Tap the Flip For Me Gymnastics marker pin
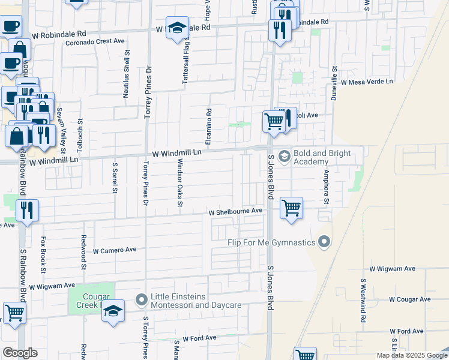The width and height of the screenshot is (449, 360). pyautogui.click(x=325, y=242)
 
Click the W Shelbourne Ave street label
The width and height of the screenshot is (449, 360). pyautogui.click(x=236, y=212)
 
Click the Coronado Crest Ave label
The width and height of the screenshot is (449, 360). pyautogui.click(x=95, y=42)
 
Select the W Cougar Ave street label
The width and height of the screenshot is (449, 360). pyautogui.click(x=409, y=299)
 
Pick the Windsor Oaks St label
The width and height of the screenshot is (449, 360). pyautogui.click(x=179, y=183)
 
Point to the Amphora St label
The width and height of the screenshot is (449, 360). pyautogui.click(x=327, y=186)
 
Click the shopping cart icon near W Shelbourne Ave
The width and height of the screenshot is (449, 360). pyautogui.click(x=291, y=208)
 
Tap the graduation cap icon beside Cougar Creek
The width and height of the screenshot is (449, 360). pyautogui.click(x=113, y=311)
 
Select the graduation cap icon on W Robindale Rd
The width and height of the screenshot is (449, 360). pyautogui.click(x=177, y=28)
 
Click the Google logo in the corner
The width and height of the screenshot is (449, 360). pyautogui.click(x=19, y=353)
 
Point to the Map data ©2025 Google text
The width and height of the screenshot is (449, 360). pyautogui.click(x=411, y=355)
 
